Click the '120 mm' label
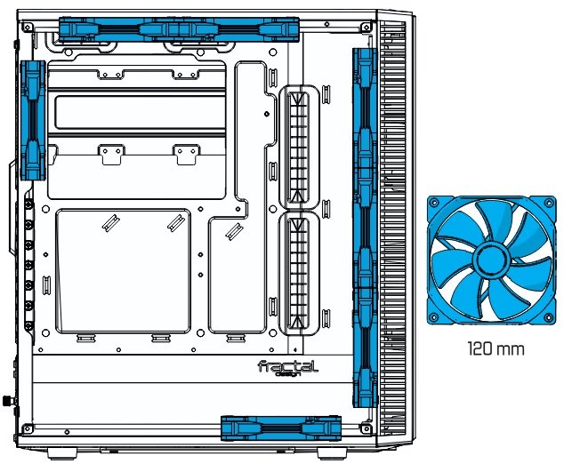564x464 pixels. tap(496, 348)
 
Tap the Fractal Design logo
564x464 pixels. tap(288, 368)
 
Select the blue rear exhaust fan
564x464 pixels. tap(33, 120)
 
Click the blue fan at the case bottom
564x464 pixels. tap(281, 428)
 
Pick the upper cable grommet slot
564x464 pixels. tap(299, 147)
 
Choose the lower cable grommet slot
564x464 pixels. tap(299, 273)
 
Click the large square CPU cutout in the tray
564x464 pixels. tap(124, 271)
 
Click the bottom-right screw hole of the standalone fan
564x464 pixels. tap(548, 316)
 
